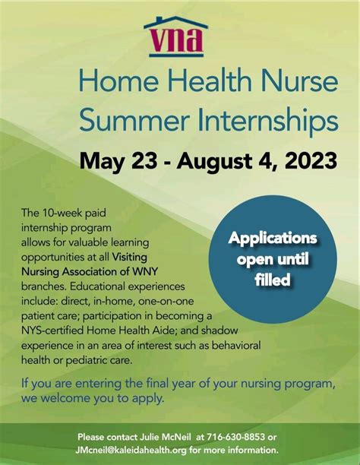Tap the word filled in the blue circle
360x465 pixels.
[273, 280]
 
